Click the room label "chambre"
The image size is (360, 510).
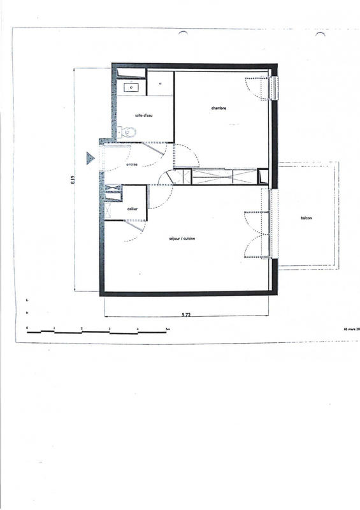(219, 108)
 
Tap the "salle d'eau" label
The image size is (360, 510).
(143, 115)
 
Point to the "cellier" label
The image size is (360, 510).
(133, 209)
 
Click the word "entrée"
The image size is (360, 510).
(132, 164)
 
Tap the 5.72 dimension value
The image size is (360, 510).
(186, 315)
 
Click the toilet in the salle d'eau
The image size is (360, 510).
(129, 132)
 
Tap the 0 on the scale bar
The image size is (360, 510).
(27, 328)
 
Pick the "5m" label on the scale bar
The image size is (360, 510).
(167, 328)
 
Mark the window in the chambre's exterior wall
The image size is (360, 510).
(275, 89)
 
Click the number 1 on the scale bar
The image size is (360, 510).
(55, 328)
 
